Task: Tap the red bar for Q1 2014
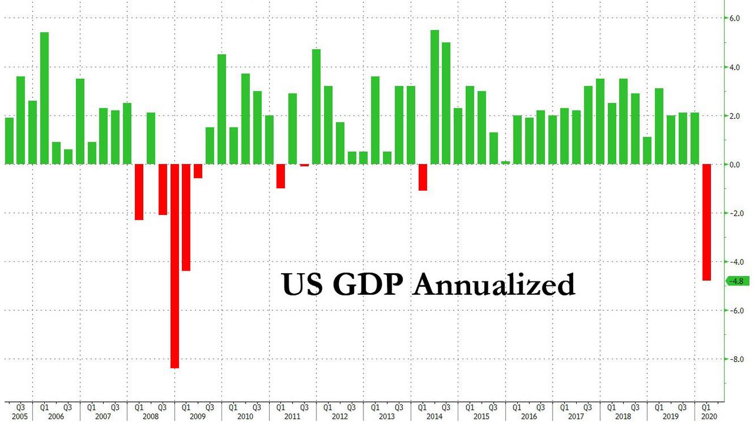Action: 422,177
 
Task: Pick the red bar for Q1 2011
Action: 280,176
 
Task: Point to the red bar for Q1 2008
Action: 139,192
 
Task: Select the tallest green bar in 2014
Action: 435,97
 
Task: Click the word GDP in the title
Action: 369,284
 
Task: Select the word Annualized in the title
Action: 494,284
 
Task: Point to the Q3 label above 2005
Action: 20,406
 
